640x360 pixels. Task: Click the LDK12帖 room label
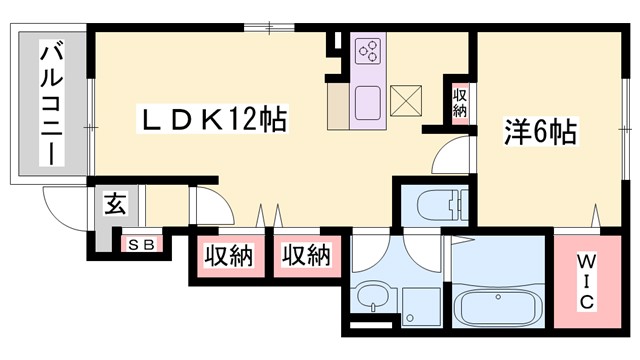[x=212, y=121]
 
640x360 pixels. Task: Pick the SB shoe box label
[x=135, y=244]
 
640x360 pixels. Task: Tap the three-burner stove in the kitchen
[x=368, y=50]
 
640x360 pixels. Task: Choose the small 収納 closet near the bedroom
[x=460, y=101]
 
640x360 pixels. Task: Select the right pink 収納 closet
[x=305, y=255]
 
